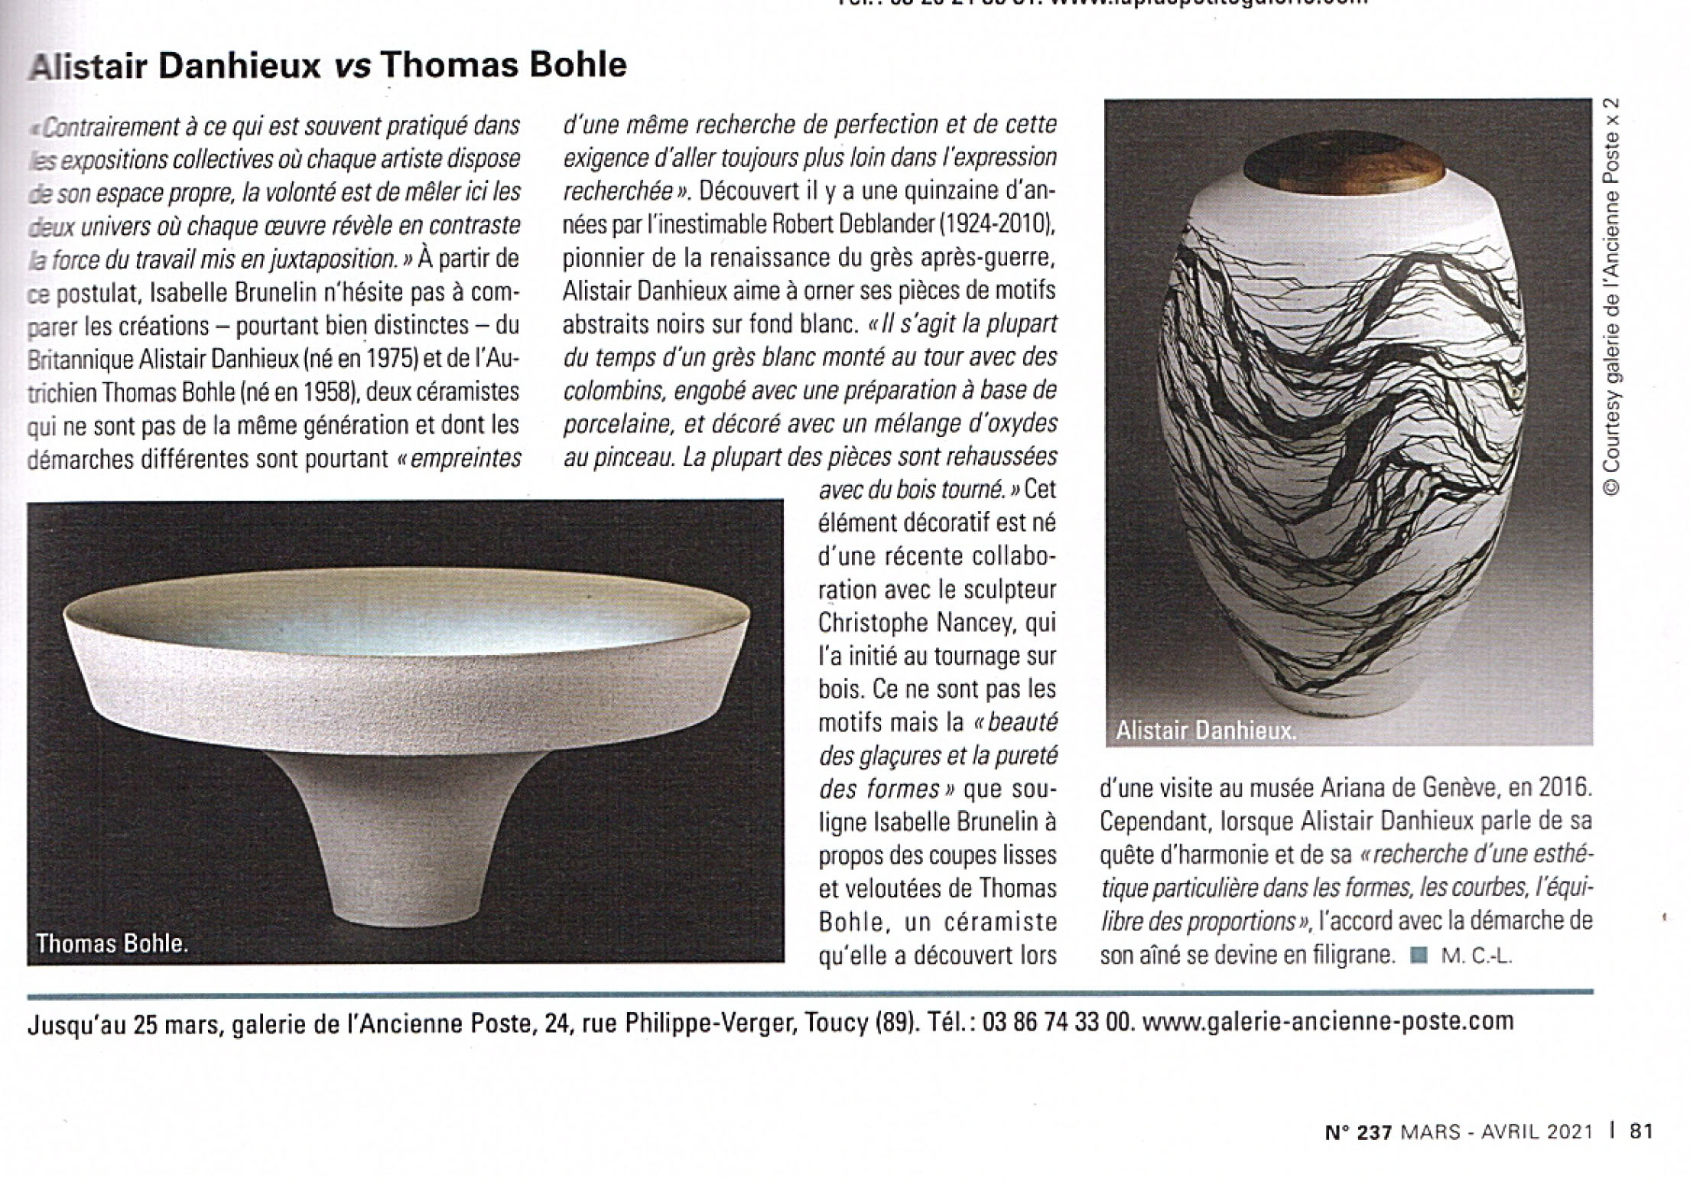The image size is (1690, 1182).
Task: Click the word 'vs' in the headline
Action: click(x=353, y=66)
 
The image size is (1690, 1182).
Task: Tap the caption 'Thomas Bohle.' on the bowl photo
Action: click(x=112, y=943)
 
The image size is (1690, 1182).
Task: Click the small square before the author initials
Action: click(x=1419, y=956)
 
